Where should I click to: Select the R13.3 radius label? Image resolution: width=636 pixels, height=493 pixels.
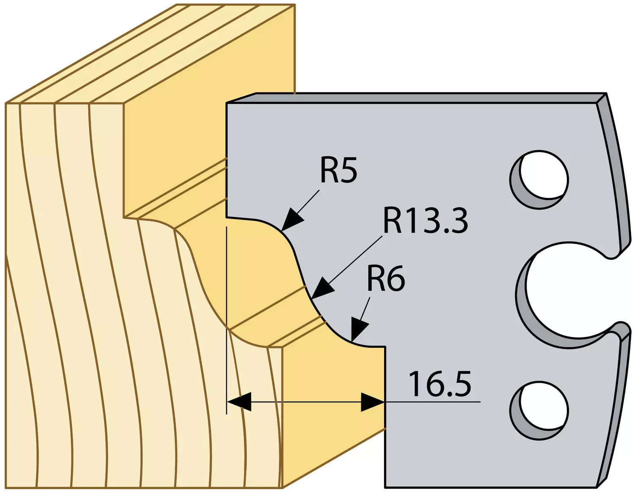[425, 221]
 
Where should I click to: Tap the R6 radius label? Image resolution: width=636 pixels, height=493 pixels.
[386, 279]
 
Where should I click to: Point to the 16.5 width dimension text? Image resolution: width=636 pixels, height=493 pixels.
[441, 384]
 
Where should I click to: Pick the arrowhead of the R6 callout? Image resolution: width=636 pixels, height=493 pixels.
[359, 330]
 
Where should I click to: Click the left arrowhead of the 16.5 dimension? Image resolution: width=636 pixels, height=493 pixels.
[239, 402]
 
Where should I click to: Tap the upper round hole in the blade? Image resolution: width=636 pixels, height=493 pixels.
[539, 180]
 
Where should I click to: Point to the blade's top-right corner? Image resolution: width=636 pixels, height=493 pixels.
[606, 94]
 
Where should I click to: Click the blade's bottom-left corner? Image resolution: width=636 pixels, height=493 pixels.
[385, 487]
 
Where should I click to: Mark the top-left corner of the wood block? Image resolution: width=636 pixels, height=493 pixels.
[5, 103]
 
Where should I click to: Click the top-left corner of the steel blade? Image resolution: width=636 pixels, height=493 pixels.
[226, 103]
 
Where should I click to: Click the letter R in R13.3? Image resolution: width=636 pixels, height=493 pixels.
[393, 221]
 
